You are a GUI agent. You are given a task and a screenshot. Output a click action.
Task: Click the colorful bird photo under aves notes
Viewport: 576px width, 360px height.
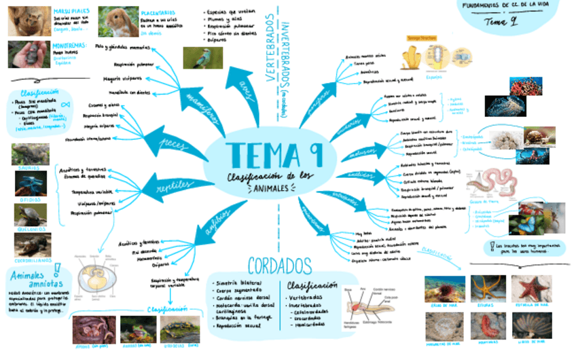[202, 58]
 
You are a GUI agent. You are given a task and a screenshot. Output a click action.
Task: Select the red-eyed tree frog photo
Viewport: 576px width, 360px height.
[138, 329]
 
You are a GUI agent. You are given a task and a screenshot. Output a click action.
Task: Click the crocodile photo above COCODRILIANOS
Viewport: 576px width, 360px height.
[30, 243]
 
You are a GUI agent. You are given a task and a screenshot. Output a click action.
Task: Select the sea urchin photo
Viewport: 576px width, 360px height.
[444, 288]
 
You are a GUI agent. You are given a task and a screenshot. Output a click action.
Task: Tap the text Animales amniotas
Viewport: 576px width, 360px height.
[32, 281]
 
